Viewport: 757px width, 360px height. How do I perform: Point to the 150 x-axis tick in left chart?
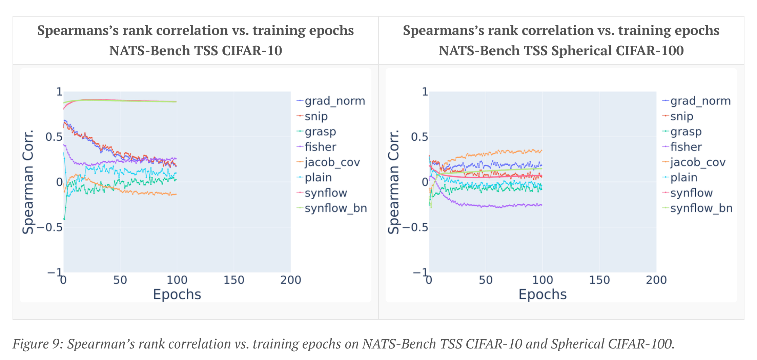[234, 280]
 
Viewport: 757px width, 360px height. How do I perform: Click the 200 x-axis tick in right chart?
[656, 280]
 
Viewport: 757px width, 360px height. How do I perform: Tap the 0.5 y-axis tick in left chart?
[54, 137]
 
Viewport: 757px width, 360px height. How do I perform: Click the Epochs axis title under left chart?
[177, 294]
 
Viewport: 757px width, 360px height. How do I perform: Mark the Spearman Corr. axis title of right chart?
[393, 182]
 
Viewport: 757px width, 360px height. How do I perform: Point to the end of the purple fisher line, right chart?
[542, 205]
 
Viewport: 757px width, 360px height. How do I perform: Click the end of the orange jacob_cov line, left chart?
[176, 194]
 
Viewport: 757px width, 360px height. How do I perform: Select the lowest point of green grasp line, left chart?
[64, 219]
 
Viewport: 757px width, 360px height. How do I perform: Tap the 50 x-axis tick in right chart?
[486, 280]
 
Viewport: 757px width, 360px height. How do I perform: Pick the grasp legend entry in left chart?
[320, 132]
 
